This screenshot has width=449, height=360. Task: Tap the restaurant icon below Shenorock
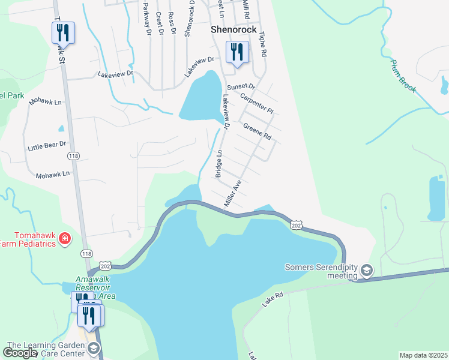[x=237, y=52]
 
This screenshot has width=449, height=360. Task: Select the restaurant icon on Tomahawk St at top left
[x=63, y=32]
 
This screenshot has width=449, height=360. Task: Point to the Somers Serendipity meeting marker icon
[x=366, y=271]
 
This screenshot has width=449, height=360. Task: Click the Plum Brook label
[x=403, y=75]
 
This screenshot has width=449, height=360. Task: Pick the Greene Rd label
[x=258, y=131]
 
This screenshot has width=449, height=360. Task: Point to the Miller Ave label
[x=232, y=194]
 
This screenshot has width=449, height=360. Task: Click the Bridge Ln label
[x=218, y=164]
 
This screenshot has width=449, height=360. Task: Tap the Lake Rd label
[x=272, y=300]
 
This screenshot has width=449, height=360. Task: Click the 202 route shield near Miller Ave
[x=295, y=224]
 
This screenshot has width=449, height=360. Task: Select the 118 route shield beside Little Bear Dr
[x=73, y=156]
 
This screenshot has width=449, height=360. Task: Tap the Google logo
[x=20, y=353]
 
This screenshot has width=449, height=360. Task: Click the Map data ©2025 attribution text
[x=423, y=355]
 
